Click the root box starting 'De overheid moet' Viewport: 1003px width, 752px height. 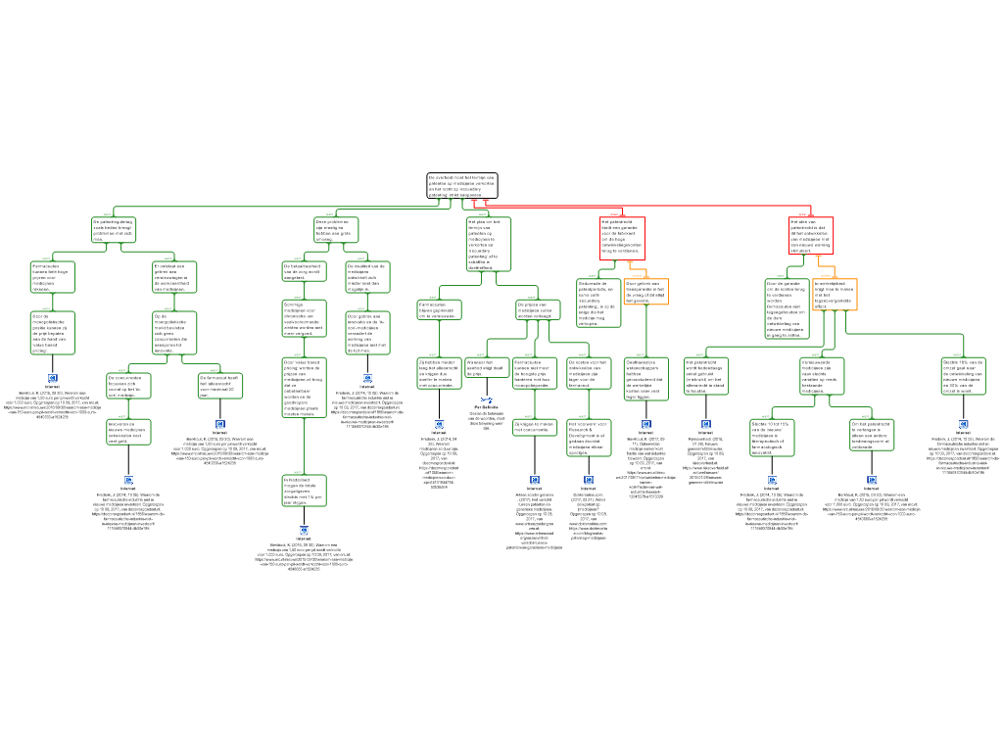pyautogui.click(x=461, y=186)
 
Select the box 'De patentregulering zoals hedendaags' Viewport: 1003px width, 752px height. pyautogui.click(x=114, y=229)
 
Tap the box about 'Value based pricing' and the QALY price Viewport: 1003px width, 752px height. pyautogui.click(x=304, y=388)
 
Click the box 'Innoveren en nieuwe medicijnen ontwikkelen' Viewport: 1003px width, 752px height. pyautogui.click(x=128, y=432)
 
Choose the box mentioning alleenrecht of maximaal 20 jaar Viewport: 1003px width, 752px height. pyautogui.click(x=219, y=386)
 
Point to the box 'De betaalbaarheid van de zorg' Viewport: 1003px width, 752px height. pyautogui.click(x=304, y=271)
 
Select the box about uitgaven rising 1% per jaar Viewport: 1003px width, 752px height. pyautogui.click(x=304, y=491)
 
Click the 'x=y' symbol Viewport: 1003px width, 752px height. pyautogui.click(x=487, y=399)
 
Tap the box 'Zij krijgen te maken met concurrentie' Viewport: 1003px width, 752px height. pyautogui.click(x=534, y=427)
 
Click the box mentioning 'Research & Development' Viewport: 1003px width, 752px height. pyautogui.click(x=589, y=438)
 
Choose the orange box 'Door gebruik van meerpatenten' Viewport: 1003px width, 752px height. pyautogui.click(x=646, y=292)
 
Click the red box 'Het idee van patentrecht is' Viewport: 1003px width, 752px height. pyautogui.click(x=811, y=236)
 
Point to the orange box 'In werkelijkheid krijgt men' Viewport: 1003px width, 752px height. pyautogui.click(x=835, y=295)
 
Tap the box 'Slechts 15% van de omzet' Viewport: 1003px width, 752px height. pyautogui.click(x=963, y=375)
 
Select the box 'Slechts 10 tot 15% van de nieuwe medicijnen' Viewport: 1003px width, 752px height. pyautogui.click(x=772, y=438)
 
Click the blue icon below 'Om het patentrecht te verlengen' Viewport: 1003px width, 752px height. pyautogui.click(x=872, y=480)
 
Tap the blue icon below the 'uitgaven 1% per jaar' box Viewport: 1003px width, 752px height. pyautogui.click(x=304, y=530)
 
